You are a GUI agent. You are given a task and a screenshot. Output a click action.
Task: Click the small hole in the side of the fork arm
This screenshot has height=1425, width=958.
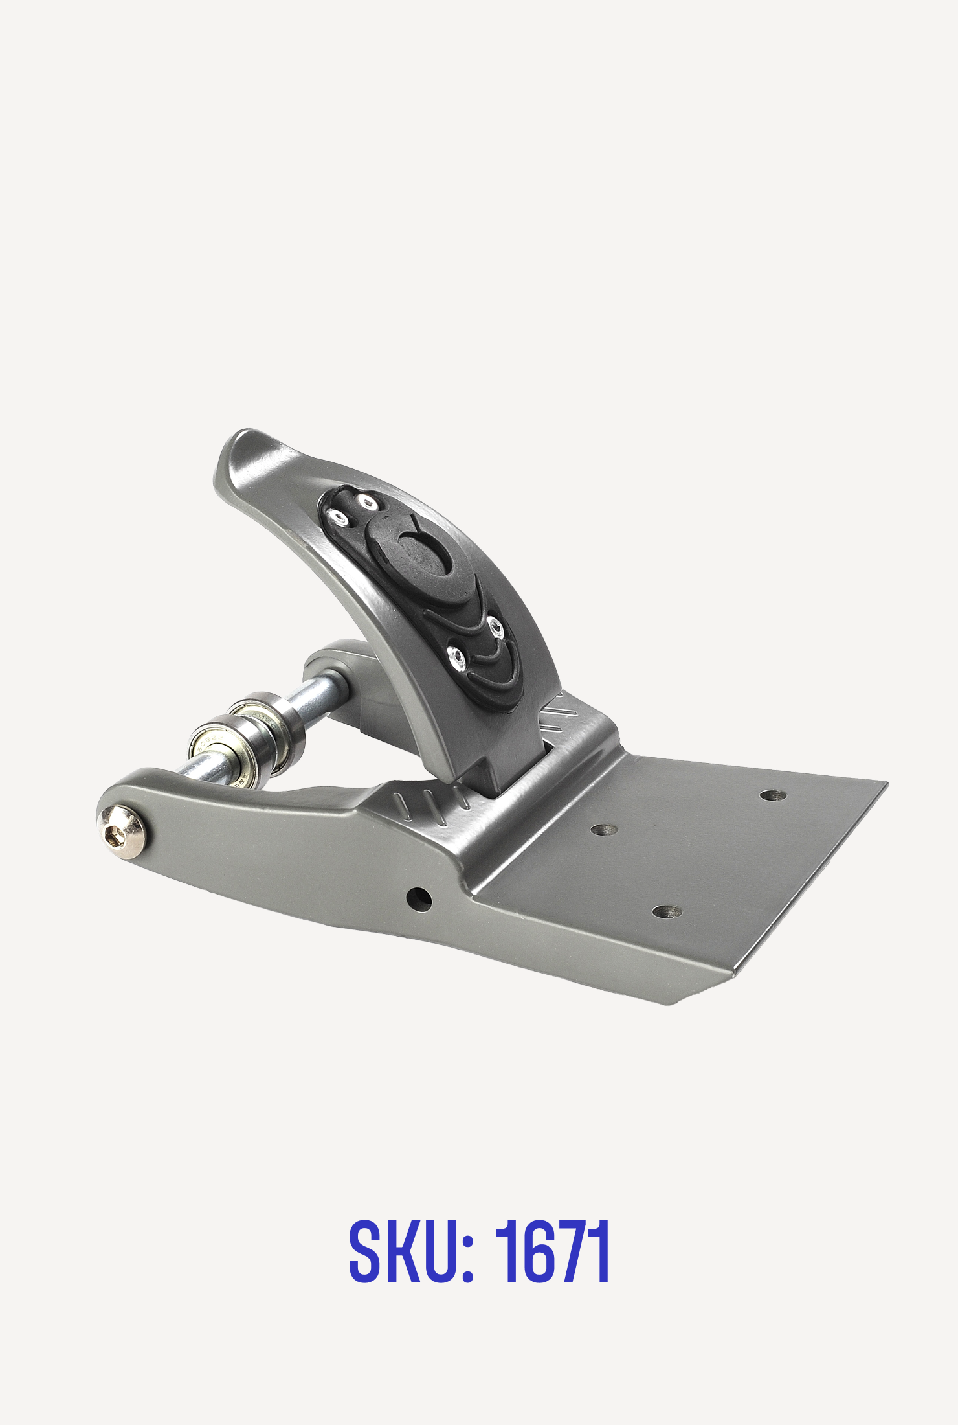(419, 897)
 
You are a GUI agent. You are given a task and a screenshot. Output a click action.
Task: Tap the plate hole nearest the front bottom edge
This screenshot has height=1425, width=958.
(667, 911)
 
